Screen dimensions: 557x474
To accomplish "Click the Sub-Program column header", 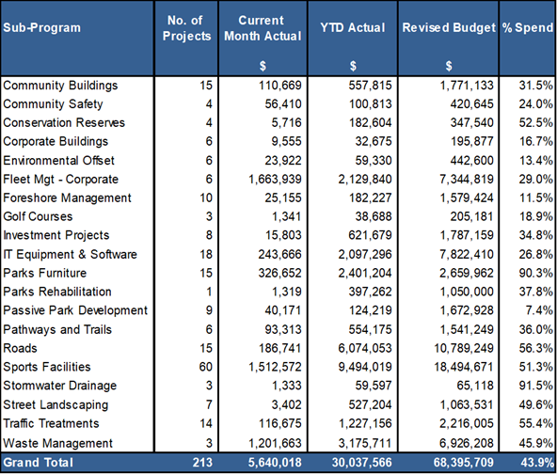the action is click(x=42, y=27).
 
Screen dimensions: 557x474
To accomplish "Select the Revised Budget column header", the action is click(x=449, y=27).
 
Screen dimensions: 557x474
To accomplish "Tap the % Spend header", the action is click(x=528, y=27).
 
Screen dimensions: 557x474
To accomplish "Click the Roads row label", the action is click(x=20, y=348).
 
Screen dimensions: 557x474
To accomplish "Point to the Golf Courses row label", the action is click(x=38, y=216).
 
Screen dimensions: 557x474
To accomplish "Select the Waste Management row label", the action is click(x=58, y=443).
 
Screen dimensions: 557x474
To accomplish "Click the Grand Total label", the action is click(x=38, y=463).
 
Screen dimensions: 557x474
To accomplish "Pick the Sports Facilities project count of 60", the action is click(x=206, y=367).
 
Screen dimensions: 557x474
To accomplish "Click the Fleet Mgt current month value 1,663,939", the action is click(x=275, y=179).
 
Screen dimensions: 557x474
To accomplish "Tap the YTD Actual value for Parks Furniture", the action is click(x=365, y=273).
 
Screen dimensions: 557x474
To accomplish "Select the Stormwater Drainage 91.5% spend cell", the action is click(x=536, y=386).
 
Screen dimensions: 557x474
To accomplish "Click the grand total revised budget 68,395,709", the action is click(x=464, y=463).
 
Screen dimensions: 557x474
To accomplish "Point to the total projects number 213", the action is click(x=202, y=463).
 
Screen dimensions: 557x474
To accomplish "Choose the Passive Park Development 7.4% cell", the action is click(x=539, y=310).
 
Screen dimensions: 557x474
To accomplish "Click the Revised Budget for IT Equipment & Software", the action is click(x=467, y=254).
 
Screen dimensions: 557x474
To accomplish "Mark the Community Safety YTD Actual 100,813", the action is click(x=370, y=104).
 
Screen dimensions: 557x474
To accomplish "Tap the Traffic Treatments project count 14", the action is click(x=206, y=423).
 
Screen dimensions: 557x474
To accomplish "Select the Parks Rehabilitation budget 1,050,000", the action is click(x=467, y=292).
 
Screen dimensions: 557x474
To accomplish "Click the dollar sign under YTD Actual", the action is click(x=353, y=66).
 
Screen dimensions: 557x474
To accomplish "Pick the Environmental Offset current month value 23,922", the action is click(x=283, y=161).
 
